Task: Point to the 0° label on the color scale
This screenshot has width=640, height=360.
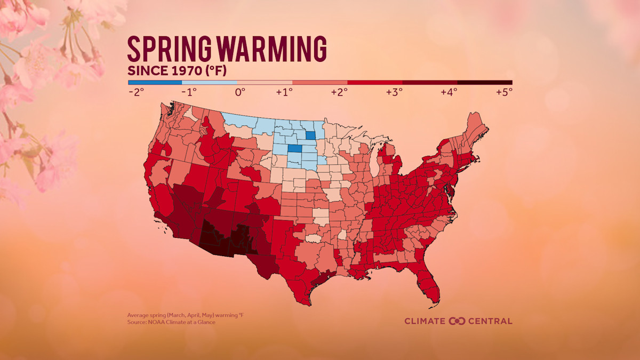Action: tap(240, 92)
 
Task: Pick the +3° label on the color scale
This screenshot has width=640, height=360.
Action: tap(394, 92)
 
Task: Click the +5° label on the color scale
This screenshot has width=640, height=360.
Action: tap(503, 92)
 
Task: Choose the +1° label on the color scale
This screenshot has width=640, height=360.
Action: tap(284, 92)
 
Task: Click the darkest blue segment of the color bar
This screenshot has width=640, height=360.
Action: tap(155, 83)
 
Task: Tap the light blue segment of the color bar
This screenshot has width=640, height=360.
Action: tap(209, 83)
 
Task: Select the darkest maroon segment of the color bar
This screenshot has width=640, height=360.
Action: tap(484, 83)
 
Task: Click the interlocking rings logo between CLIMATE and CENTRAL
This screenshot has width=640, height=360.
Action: tap(458, 321)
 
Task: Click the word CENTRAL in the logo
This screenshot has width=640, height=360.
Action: tap(490, 321)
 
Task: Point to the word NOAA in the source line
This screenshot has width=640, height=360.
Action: tap(154, 322)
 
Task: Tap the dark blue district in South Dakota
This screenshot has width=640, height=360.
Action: tap(293, 149)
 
